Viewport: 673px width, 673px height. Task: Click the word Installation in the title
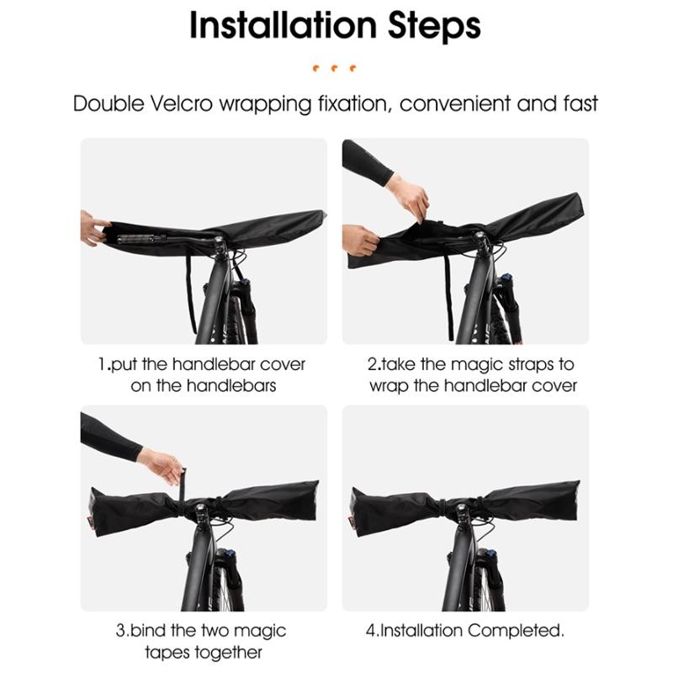[x=283, y=25]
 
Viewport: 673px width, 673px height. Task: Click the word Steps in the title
[x=434, y=26]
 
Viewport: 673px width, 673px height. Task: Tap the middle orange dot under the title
[x=334, y=68]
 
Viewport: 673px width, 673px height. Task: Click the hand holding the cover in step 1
[x=93, y=228]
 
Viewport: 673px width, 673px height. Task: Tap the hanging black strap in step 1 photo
[x=190, y=293]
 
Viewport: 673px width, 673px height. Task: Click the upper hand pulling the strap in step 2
[x=409, y=199]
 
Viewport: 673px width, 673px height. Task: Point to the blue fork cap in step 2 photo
[x=507, y=277]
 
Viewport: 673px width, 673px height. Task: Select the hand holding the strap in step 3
[x=161, y=466]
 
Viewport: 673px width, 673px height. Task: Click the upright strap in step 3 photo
[x=182, y=485]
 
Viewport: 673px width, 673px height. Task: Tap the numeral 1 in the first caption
[x=102, y=364]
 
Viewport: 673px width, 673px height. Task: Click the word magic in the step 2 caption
[x=477, y=365]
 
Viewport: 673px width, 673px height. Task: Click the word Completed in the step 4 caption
[x=516, y=630]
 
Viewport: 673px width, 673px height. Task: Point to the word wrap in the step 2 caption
[x=389, y=386]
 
